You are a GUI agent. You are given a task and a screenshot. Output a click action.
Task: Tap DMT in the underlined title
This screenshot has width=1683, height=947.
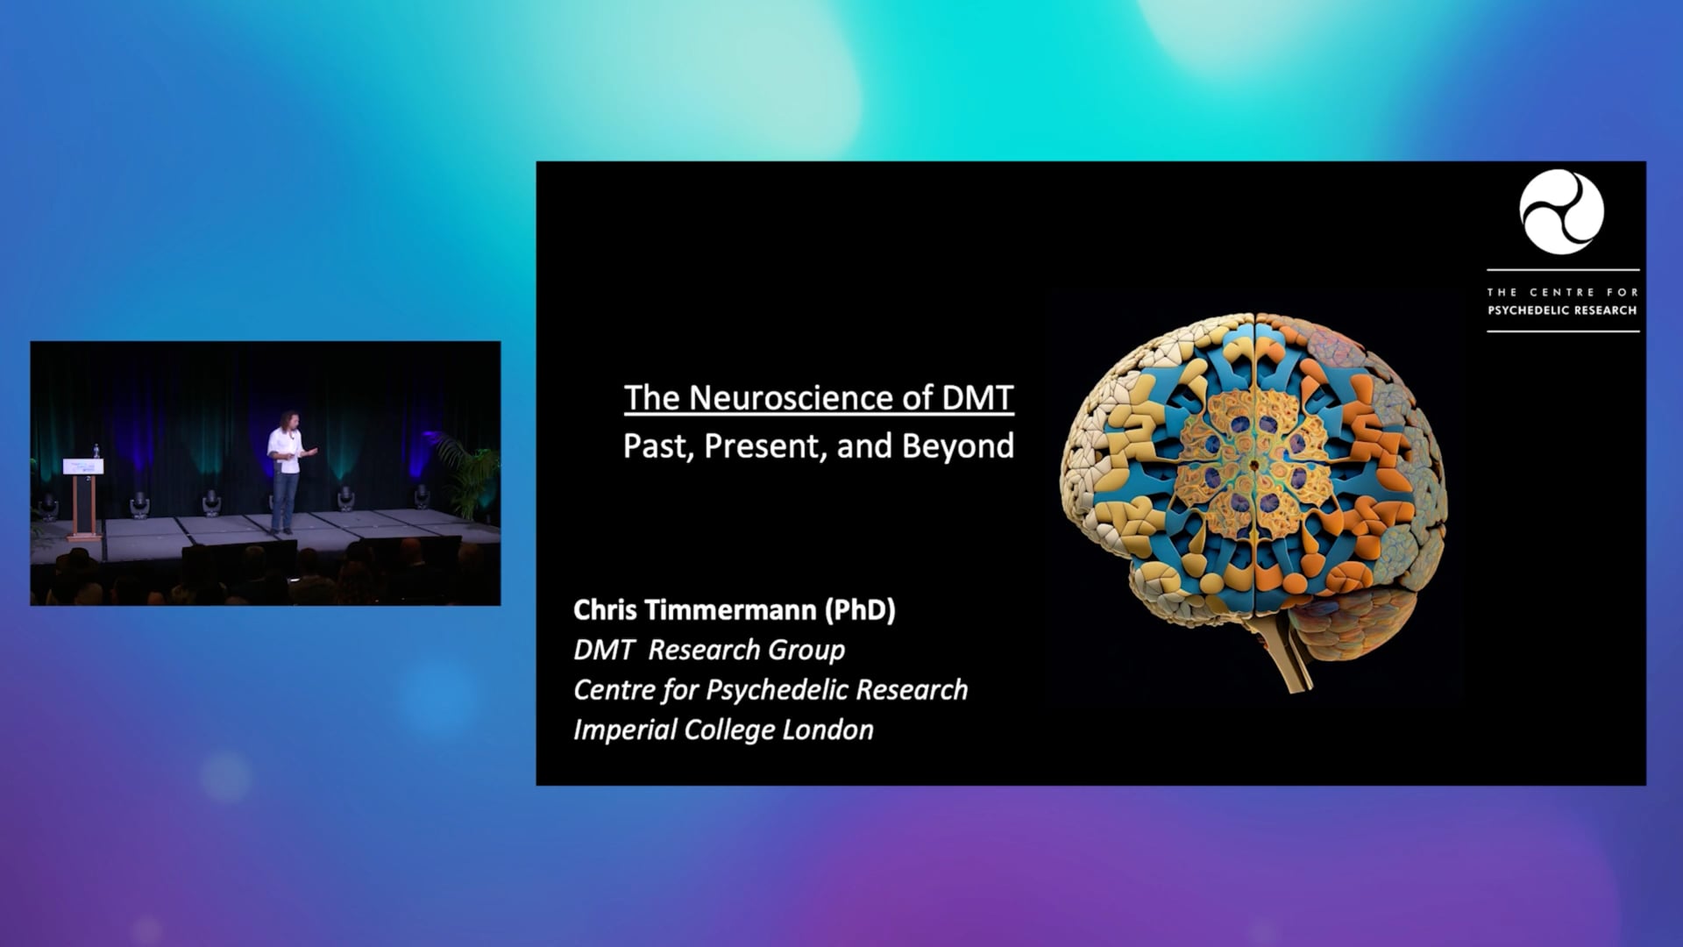tap(977, 398)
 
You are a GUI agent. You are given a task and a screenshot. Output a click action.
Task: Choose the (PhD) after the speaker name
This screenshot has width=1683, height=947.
tap(860, 610)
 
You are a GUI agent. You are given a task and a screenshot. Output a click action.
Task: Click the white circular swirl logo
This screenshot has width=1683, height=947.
tap(1562, 212)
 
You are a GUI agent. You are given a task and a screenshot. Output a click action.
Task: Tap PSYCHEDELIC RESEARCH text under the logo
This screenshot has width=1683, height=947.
tap(1562, 310)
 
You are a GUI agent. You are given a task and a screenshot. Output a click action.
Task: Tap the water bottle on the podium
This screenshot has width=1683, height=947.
tap(96, 451)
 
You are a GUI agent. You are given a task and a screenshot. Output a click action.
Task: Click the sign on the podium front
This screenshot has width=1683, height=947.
tap(84, 466)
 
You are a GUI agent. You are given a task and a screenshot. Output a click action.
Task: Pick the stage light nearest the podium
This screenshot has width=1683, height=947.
tap(138, 503)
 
